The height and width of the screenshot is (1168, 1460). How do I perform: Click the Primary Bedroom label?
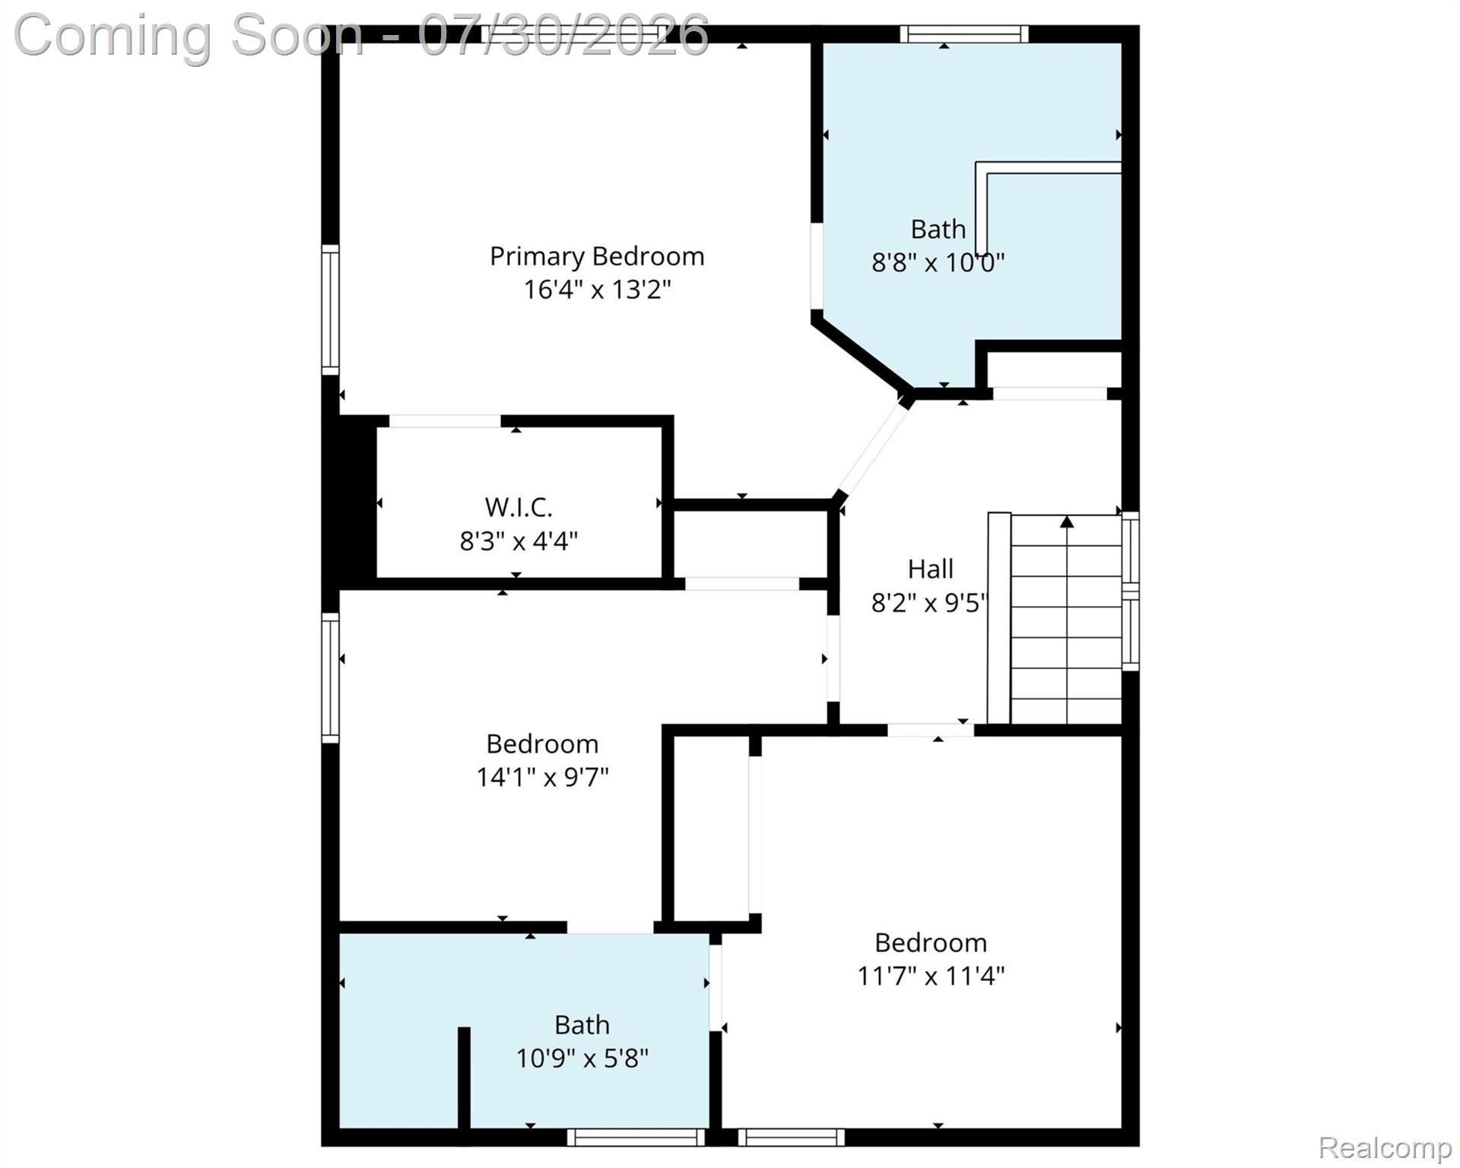pos(597,257)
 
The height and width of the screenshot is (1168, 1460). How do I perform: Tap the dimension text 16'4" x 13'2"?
pos(597,290)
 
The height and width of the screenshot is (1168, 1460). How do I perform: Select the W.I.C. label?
pos(519,507)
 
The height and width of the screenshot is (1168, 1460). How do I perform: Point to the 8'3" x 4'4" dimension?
pos(519,541)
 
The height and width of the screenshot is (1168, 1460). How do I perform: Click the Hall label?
pos(930,569)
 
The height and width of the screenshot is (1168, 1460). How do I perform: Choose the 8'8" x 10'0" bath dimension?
pos(938,263)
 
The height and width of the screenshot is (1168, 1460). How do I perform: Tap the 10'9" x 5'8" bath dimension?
pos(582,1058)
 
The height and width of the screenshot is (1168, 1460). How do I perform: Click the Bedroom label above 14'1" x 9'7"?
pos(542,744)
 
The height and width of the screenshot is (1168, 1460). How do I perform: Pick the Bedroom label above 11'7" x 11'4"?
pos(931,943)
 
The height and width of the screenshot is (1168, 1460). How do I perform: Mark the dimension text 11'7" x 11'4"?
pos(931,976)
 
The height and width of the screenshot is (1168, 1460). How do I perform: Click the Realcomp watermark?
pos(1385,1147)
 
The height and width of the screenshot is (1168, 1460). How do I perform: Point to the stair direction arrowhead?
pos(1067,522)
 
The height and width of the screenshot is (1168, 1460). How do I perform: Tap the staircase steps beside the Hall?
pos(1066,620)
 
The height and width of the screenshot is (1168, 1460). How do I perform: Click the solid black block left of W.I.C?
pos(357,502)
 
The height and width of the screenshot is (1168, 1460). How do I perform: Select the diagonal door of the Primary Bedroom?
pos(872,449)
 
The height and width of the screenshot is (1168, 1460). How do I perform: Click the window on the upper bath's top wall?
pos(964,34)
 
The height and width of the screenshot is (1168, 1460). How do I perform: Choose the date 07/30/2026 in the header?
pos(563,36)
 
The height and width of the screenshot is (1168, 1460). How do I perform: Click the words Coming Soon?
pos(189,36)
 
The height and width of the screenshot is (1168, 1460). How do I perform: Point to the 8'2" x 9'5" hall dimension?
pos(929,603)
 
